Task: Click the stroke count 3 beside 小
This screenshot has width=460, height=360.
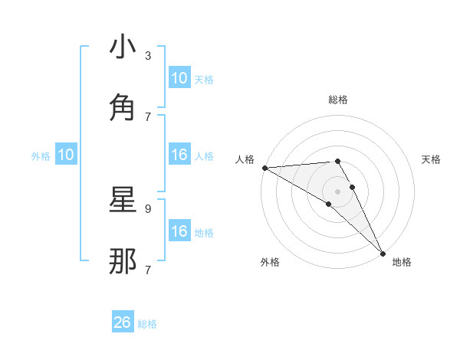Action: (x=148, y=56)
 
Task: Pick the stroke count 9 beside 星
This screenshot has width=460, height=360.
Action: (x=148, y=208)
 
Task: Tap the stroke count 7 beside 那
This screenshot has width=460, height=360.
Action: (x=148, y=270)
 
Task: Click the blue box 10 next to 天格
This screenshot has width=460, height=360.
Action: (x=179, y=78)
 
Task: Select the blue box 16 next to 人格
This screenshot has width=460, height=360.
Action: (x=179, y=155)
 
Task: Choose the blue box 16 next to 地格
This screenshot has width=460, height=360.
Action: (x=179, y=231)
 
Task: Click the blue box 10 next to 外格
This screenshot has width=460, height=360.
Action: (x=66, y=155)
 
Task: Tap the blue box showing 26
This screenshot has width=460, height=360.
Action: (x=122, y=322)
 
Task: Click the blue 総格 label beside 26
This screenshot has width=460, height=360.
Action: (x=147, y=324)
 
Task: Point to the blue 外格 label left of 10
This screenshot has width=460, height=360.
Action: (x=41, y=156)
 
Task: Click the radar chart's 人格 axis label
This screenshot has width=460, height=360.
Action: (x=245, y=159)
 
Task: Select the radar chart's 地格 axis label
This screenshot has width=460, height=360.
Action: (x=402, y=263)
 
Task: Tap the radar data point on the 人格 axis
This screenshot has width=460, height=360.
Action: (x=264, y=168)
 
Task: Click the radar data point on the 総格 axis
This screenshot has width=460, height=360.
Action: (x=337, y=161)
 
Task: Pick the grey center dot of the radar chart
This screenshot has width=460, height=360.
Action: (x=337, y=191)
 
